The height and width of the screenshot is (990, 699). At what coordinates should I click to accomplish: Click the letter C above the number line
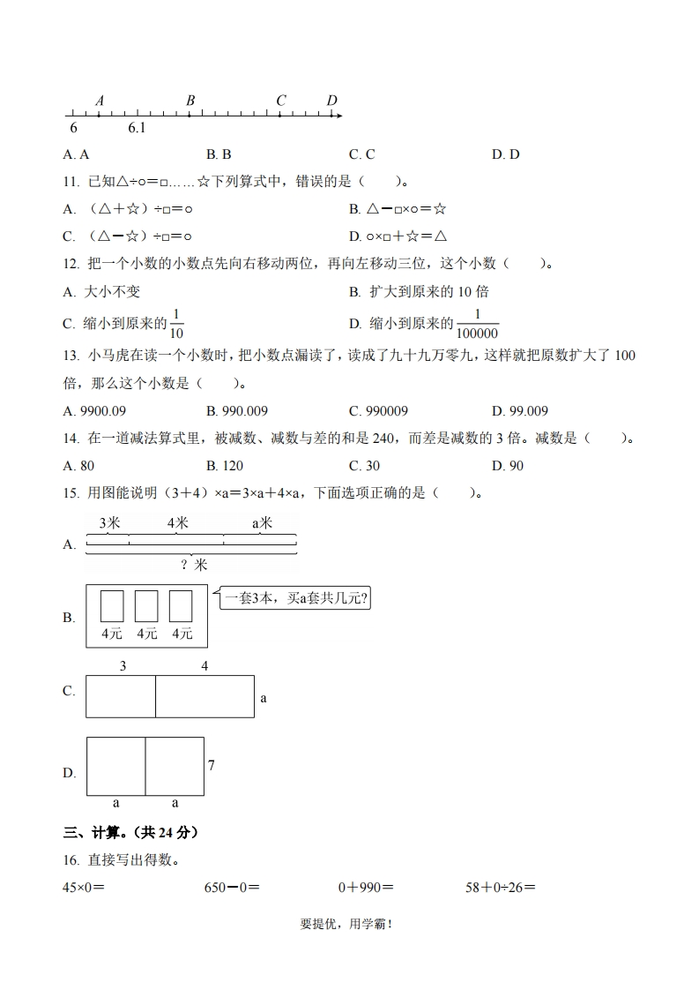281,101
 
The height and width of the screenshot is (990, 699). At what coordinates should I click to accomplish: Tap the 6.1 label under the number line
137,129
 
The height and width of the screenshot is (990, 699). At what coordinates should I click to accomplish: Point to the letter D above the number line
331,101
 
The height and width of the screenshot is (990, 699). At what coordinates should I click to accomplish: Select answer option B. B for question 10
219,154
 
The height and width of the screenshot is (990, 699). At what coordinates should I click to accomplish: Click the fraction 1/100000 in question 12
477,325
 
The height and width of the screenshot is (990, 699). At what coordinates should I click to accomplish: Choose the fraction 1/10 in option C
176,325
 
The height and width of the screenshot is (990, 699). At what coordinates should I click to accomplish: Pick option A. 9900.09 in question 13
95,410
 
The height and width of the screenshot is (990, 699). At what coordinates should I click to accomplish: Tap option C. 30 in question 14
364,465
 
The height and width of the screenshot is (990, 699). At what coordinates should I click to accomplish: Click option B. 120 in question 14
225,465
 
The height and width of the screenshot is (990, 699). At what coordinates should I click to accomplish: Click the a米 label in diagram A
263,523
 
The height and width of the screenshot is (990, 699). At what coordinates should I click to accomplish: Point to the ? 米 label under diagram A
194,565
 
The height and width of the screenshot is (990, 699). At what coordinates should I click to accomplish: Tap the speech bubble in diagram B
294,599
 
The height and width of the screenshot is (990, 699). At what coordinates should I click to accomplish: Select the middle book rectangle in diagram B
146,606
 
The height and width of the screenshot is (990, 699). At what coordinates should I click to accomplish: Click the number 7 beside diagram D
212,765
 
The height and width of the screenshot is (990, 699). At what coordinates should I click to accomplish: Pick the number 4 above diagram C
204,666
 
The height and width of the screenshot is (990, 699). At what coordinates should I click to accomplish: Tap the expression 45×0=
87,887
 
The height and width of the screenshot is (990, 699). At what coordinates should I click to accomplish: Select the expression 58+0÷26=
501,887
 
